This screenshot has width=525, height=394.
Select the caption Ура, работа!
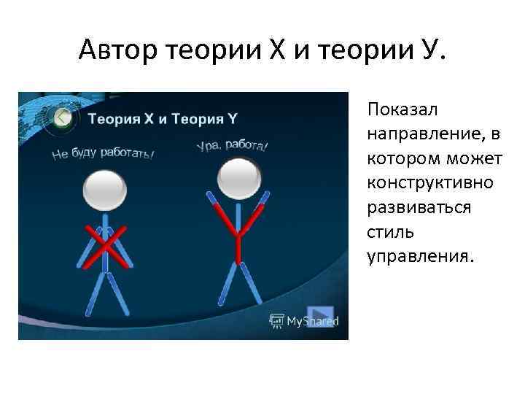click(232, 146)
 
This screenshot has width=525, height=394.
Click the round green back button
click(63, 117)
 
